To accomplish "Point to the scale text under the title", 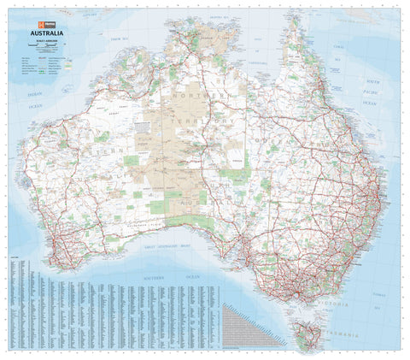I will pos(46,43).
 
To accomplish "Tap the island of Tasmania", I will pos(310,334).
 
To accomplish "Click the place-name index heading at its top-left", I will pos(15,257).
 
